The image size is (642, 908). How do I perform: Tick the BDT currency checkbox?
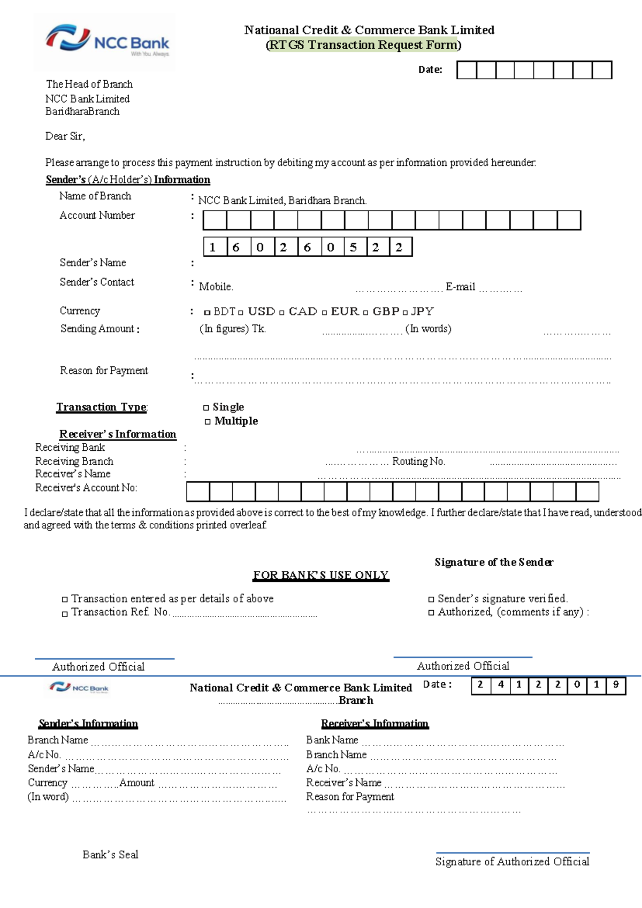(x=207, y=312)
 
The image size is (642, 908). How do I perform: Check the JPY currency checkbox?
(x=405, y=312)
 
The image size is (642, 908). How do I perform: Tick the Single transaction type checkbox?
(x=206, y=408)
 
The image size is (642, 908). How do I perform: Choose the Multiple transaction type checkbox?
(x=208, y=422)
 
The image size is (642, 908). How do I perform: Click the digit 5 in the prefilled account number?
(x=353, y=247)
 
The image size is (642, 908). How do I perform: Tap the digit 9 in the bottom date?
(x=616, y=684)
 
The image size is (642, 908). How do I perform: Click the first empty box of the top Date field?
(x=467, y=70)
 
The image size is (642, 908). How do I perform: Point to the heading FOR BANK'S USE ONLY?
(x=320, y=575)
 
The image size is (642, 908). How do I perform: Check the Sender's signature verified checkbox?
(x=431, y=599)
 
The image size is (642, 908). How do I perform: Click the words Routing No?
(x=418, y=461)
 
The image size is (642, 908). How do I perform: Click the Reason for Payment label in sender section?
(x=104, y=371)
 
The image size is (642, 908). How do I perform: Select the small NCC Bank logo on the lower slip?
(x=79, y=688)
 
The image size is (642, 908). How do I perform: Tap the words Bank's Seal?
(x=110, y=855)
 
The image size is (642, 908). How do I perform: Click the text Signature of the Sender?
(x=493, y=562)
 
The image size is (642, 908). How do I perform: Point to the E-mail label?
(x=460, y=287)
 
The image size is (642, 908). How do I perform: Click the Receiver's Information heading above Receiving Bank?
(x=117, y=434)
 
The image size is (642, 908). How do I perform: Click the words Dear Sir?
(x=65, y=136)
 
